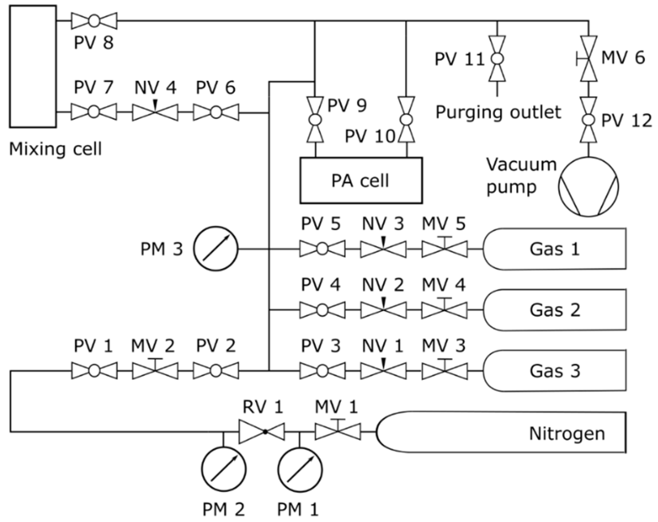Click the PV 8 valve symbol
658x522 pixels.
click(94, 21)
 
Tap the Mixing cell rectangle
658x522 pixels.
click(33, 66)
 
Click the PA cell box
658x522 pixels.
click(361, 180)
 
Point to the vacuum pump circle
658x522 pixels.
click(588, 187)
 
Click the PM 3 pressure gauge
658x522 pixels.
click(215, 249)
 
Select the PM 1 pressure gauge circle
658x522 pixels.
click(300, 469)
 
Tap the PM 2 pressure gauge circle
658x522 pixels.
click(224, 469)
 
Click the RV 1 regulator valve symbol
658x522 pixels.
click(262, 432)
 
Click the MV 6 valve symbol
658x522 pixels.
click(588, 59)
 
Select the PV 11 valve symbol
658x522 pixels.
click(497, 59)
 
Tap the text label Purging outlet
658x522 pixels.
click(498, 112)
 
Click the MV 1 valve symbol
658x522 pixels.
click(338, 432)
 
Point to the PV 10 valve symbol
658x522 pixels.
click(406, 120)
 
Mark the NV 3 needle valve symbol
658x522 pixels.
click(383, 249)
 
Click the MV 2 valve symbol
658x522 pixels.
click(155, 371)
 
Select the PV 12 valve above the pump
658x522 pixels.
click(588, 120)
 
